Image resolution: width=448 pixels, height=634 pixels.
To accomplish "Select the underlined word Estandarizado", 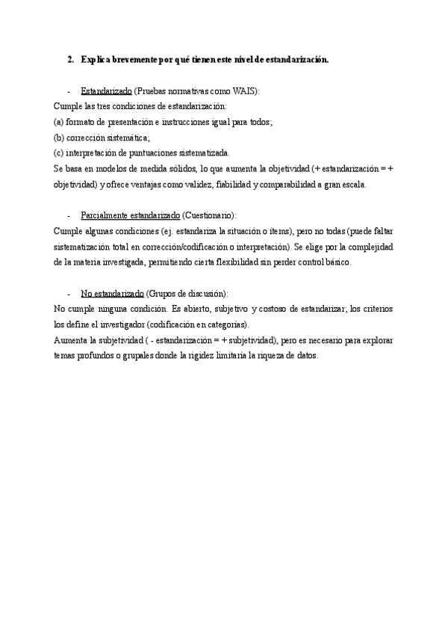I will point(106,90).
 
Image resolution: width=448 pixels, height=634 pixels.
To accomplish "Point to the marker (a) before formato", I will point(59,122).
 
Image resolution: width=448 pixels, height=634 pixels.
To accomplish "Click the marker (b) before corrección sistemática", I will point(59,138).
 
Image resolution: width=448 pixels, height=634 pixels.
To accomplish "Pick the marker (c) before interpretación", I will point(59,153).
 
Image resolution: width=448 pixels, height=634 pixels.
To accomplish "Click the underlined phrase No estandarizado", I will point(112,294).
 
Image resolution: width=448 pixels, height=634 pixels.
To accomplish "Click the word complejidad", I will point(368,247).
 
